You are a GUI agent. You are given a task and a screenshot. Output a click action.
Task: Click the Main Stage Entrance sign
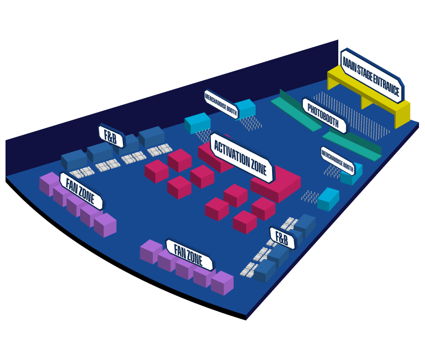click(372, 76)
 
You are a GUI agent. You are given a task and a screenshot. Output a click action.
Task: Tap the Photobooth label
click(324, 116)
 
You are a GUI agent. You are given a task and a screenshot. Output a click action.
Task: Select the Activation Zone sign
click(242, 158)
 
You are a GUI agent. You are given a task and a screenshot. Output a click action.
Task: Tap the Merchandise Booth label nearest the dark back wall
click(221, 104)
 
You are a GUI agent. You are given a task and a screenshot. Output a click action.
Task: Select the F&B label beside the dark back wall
click(111, 136)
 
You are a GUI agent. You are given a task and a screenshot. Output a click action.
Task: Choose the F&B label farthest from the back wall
click(282, 239)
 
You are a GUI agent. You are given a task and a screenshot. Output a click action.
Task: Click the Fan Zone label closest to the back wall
click(81, 191)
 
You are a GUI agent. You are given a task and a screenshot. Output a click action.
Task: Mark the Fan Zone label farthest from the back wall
click(189, 255)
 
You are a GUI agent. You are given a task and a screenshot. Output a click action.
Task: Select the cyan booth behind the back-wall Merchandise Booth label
click(246, 108)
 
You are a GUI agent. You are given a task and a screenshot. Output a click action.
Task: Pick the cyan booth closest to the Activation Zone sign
click(197, 123)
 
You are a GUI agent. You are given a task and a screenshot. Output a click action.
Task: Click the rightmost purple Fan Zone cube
click(222, 283)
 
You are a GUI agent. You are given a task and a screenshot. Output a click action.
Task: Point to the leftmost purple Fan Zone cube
click(49, 184)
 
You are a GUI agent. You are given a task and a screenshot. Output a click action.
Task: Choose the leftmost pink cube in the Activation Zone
click(156, 171)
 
